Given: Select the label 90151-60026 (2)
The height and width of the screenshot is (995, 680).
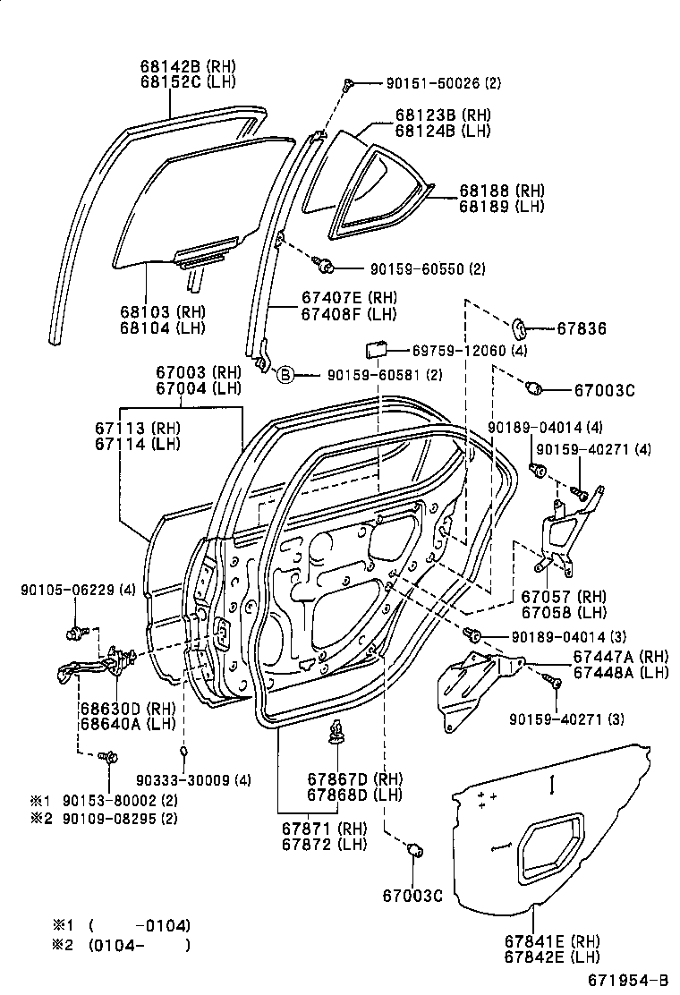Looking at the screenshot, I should [x=443, y=83].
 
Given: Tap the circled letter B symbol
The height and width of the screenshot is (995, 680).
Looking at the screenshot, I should [x=285, y=375].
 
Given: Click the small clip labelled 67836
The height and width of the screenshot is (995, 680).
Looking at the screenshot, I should [x=521, y=327].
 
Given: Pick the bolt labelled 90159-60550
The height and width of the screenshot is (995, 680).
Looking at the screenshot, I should [x=325, y=265].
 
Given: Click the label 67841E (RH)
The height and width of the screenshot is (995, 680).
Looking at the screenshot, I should [x=552, y=940].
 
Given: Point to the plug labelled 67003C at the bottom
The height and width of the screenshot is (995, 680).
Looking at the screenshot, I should [x=414, y=850].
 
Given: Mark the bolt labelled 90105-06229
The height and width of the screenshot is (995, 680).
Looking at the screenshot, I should [x=75, y=634].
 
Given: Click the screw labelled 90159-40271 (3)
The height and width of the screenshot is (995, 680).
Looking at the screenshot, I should [x=554, y=683].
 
